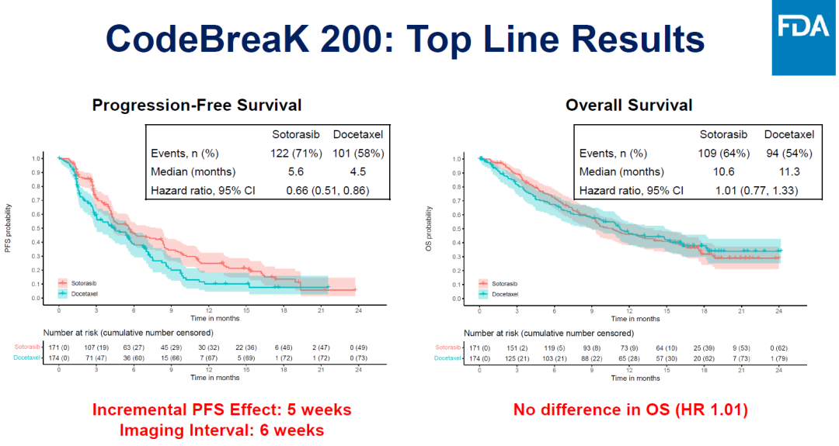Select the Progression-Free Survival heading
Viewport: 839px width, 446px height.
pyautogui.click(x=197, y=105)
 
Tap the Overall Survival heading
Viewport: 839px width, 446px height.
pyautogui.click(x=629, y=105)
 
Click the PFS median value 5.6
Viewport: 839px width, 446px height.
pyautogui.click(x=299, y=171)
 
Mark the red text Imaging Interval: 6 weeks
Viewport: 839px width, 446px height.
pyautogui.click(x=222, y=429)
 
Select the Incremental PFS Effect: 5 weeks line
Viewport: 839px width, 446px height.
pyautogui.click(x=222, y=410)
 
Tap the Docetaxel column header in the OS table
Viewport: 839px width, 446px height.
pyautogui.click(x=788, y=133)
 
